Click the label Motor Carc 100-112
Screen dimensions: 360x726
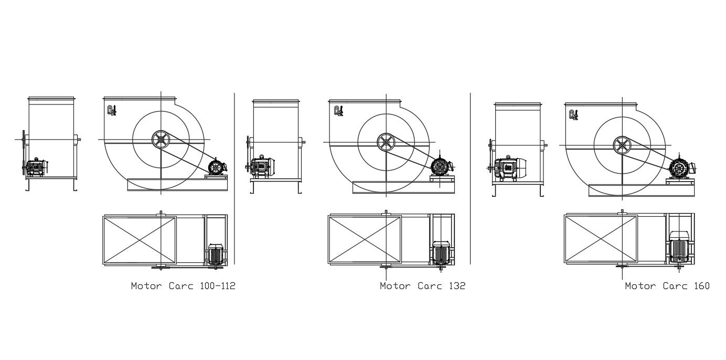pyautogui.click(x=183, y=286)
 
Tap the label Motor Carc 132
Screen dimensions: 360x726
pyautogui.click(x=422, y=286)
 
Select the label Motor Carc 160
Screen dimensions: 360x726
pyautogui.click(x=667, y=286)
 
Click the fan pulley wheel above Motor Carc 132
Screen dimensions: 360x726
pyautogui.click(x=386, y=142)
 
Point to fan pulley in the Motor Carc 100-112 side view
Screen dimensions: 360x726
pyautogui.click(x=161, y=140)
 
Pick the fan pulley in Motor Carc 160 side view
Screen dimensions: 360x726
pyautogui.click(x=622, y=145)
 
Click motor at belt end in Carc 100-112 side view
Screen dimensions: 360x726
pyautogui.click(x=216, y=167)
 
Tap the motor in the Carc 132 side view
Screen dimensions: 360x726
pyautogui.click(x=440, y=167)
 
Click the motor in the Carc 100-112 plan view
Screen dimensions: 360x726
pyautogui.click(x=216, y=254)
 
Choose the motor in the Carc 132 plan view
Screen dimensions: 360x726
pyautogui.click(x=441, y=253)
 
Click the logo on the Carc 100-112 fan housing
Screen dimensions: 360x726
pyautogui.click(x=111, y=111)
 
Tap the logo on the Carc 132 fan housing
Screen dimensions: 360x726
pyautogui.click(x=338, y=111)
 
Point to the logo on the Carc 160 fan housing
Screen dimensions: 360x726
pyautogui.click(x=574, y=114)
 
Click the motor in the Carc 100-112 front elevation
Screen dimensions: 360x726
pyautogui.click(x=35, y=167)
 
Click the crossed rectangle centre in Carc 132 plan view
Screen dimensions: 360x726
pyautogui.click(x=365, y=239)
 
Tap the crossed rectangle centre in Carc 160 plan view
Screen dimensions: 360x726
pyautogui.click(x=601, y=239)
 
